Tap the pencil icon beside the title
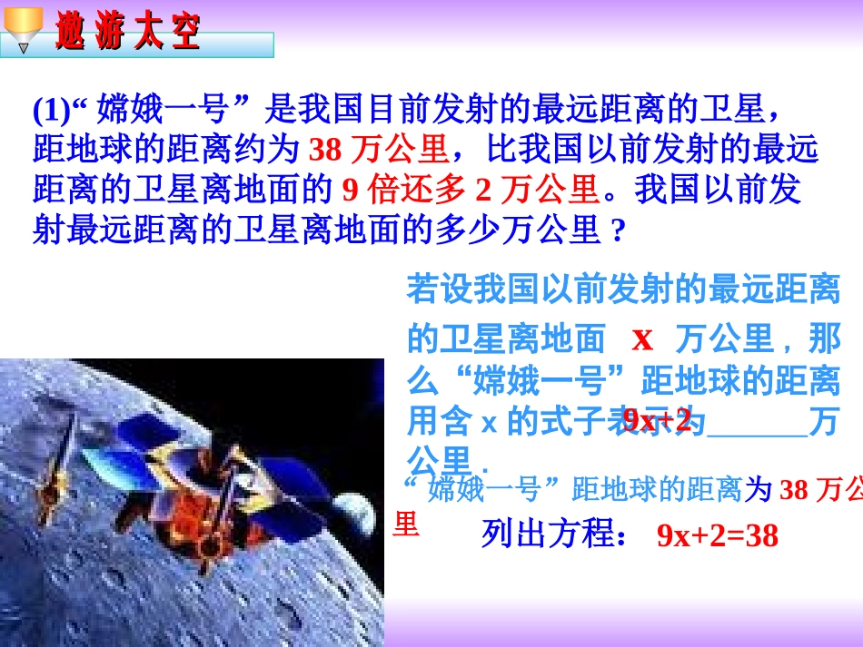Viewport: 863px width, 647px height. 20,27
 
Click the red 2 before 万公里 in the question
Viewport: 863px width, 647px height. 483,190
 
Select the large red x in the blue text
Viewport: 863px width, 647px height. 642,338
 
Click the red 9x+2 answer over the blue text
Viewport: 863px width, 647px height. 658,420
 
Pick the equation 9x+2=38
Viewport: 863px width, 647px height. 718,535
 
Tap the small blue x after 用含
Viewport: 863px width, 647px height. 486,423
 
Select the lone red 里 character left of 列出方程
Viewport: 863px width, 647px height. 405,524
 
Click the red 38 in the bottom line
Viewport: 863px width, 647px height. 793,491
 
